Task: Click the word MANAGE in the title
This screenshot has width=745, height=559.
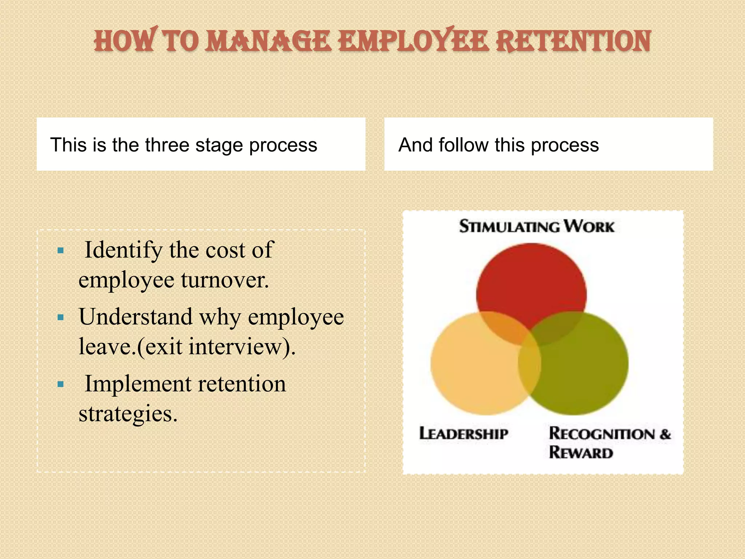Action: [268, 41]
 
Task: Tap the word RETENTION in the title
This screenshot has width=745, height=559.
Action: [574, 41]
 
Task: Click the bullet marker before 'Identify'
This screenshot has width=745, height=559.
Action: [61, 250]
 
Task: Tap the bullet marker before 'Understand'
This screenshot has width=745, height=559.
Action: [61, 317]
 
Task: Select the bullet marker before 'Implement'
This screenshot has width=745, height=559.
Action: [61, 384]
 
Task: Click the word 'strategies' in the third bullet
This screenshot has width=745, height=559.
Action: [128, 414]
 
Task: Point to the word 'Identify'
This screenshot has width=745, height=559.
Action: [123, 250]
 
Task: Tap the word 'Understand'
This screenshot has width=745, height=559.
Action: [135, 317]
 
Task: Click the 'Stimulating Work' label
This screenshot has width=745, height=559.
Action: [537, 226]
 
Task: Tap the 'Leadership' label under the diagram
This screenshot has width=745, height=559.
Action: [463, 434]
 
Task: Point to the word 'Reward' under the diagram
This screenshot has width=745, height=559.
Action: [581, 453]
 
